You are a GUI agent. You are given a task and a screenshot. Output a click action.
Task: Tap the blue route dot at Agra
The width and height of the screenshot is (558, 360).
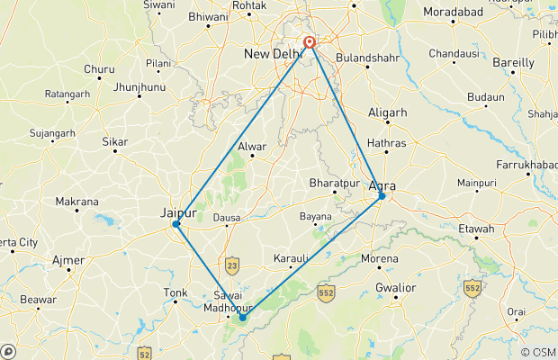coord(382,195)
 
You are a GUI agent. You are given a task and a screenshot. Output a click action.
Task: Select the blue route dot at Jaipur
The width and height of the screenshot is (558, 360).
coord(176,223)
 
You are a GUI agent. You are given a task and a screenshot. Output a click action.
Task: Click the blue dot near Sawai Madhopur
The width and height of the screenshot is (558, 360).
coord(242,317)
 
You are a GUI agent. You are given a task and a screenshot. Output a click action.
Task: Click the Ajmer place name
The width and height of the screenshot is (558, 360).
coord(68,261)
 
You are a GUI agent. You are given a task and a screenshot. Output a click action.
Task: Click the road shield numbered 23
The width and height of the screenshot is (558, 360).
coord(233,265)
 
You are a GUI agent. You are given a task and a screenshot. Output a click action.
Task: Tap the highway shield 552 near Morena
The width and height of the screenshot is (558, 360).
coord(327,292)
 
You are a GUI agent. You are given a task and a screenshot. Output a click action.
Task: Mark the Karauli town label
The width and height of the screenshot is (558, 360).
coord(290,259)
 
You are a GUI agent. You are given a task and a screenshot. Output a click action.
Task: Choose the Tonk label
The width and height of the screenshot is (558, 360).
coord(175,293)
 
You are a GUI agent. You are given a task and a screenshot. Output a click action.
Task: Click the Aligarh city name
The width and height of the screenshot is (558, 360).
coord(388,112)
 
